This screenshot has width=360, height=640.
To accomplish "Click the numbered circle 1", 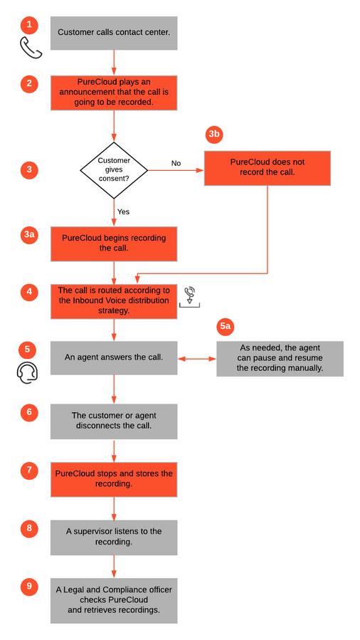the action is [x=29, y=25].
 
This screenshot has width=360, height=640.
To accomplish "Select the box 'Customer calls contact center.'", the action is [x=114, y=33].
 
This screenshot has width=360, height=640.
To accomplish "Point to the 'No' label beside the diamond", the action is [x=176, y=163].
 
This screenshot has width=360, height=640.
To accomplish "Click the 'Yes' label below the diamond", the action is [x=123, y=212].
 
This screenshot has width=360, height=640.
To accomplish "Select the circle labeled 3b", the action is [x=214, y=135].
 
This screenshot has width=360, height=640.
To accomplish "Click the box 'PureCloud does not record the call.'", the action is [x=267, y=168].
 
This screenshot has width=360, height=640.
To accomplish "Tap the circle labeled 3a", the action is [x=29, y=236].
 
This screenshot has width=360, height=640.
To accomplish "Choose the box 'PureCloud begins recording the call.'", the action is [x=114, y=244].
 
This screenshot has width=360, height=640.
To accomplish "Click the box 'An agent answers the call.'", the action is [x=114, y=358].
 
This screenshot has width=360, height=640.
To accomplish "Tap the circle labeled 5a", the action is [x=226, y=326].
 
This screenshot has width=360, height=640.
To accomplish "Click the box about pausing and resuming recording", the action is [x=280, y=359].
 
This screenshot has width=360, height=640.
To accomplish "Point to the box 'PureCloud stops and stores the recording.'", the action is [x=114, y=480].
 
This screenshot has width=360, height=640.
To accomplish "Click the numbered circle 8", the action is [x=29, y=528].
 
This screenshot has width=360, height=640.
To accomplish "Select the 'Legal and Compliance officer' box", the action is [x=114, y=600].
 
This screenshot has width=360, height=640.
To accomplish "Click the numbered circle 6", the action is [x=29, y=412].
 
